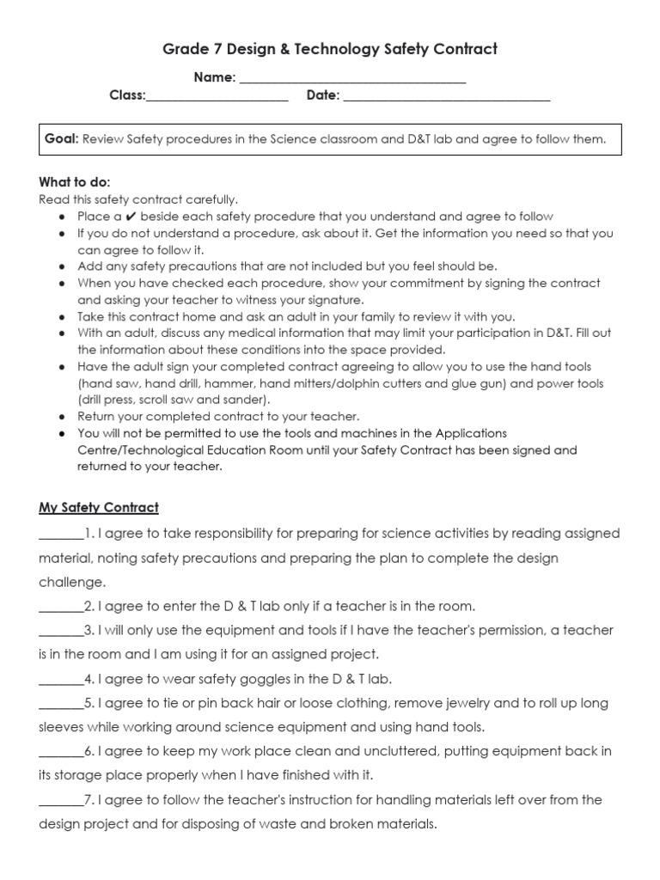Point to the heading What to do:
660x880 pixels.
coord(75,182)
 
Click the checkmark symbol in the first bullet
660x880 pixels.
coord(131,217)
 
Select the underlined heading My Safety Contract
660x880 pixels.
coord(99,508)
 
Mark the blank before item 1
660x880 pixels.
coord(61,535)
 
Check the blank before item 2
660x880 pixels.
coord(61,607)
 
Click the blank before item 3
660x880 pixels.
coord(61,631)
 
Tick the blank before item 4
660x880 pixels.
coord(61,679)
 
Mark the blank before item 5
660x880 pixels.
coord(61,703)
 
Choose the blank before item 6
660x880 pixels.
coord(61,752)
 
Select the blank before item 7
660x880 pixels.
coord(61,800)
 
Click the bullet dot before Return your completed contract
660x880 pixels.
coord(63,417)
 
